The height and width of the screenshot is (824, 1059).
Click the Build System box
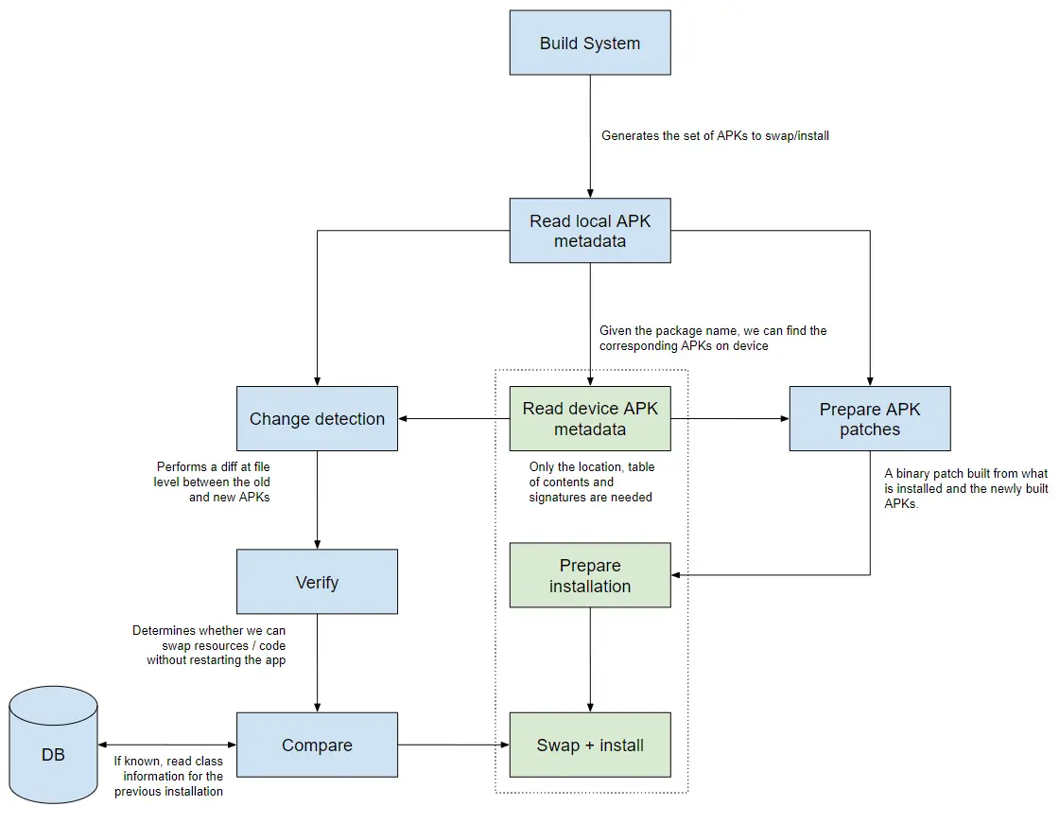590,43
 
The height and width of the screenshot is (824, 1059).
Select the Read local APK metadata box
590,231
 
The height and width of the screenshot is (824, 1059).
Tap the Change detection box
317,418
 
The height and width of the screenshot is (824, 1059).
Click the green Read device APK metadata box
590,418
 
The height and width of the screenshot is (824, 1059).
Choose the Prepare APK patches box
870,418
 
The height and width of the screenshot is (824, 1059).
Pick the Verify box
317,582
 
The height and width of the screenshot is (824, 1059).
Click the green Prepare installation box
590,575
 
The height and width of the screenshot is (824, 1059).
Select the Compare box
317,745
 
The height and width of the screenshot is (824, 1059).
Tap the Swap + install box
590,745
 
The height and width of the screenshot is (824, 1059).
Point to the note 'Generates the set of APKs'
715,136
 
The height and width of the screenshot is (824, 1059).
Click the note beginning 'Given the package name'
713,339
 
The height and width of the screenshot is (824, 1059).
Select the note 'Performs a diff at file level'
212,482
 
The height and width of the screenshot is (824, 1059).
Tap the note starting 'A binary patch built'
965,488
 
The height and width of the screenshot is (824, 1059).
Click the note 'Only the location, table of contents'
591,482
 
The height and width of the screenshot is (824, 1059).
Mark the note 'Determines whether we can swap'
210,645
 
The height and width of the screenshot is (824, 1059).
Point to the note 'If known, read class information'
168,776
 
